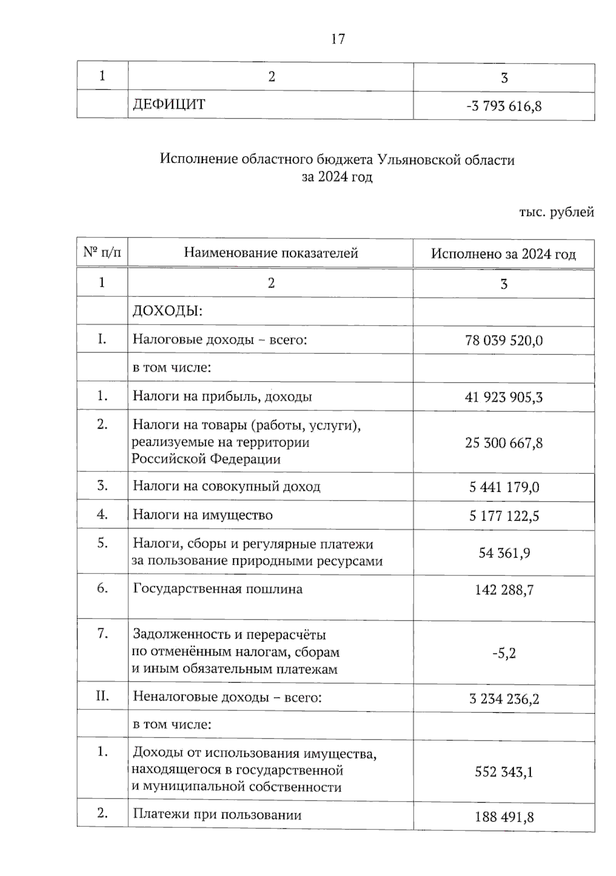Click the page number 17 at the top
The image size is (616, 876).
pos(338,39)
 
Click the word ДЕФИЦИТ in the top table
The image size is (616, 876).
pos(169,105)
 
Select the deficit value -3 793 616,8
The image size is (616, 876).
pos(504,107)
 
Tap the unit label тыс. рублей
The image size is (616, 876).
pos(556,212)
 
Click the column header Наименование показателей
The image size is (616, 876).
pos(271,253)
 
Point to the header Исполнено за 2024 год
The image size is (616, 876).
pos(503,254)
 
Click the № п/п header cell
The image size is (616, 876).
pos(102,252)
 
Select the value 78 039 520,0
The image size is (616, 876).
pos(504,341)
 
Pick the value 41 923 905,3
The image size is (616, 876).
pos(504,397)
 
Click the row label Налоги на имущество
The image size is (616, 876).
pos(203,515)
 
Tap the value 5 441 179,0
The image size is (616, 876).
pos(504,487)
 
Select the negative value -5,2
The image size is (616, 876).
pos(504,653)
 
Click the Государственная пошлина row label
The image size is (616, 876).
pos(218,589)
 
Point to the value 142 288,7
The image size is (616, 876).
pos(504,590)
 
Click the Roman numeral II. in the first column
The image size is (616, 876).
pos(102,696)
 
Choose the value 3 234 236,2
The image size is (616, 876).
pos(504,699)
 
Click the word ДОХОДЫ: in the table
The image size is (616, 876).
pos(167,311)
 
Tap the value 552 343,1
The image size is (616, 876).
pos(504,772)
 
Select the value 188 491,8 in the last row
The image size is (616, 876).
pos(504,817)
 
